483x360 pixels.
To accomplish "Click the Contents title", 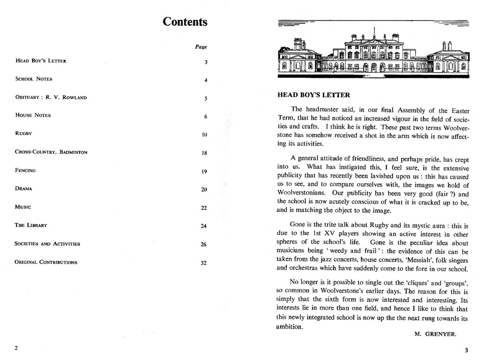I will click(185, 22).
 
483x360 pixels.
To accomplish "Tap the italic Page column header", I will click(201, 47).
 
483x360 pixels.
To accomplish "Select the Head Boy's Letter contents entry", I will click(40, 61).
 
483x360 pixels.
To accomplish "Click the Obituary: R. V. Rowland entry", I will click(51, 97).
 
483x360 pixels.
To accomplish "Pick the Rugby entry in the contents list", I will click(23, 134).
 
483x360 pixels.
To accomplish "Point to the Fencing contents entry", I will click(25, 170).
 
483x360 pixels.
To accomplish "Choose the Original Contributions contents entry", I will click(46, 262).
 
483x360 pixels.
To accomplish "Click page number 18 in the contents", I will click(204, 153).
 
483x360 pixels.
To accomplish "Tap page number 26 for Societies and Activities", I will click(204, 244).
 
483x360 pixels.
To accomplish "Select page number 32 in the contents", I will click(204, 263).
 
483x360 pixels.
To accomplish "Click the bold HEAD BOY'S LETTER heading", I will click(313, 95).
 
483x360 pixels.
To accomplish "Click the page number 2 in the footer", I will click(16, 348).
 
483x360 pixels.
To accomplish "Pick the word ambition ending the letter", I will click(289, 327).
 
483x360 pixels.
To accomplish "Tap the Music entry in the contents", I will click(23, 207).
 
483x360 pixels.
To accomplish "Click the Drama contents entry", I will click(23, 189).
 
